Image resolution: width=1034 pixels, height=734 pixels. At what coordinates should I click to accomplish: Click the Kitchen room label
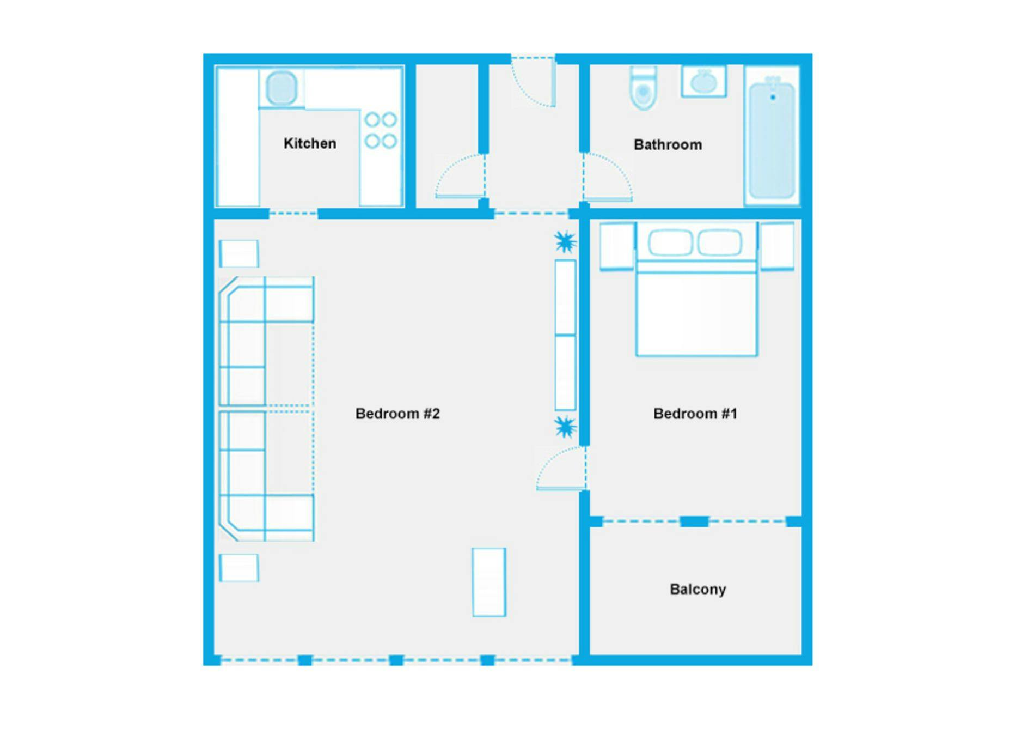pyautogui.click(x=310, y=143)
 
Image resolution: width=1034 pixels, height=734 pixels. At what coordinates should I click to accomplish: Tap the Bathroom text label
pyautogui.click(x=668, y=145)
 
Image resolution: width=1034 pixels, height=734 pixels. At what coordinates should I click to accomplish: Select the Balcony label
pyautogui.click(x=698, y=589)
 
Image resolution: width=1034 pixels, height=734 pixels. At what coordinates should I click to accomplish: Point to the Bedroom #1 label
pyautogui.click(x=695, y=414)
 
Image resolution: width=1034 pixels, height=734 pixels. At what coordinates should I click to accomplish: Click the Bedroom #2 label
pyautogui.click(x=397, y=414)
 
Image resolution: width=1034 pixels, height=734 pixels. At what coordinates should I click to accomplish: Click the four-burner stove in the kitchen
pyautogui.click(x=381, y=130)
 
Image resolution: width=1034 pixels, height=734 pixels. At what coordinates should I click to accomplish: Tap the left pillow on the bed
pyautogui.click(x=670, y=242)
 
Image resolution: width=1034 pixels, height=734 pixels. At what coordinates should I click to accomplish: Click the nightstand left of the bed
pyautogui.click(x=617, y=246)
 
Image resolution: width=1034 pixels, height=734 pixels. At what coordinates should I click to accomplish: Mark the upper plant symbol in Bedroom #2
pyautogui.click(x=565, y=241)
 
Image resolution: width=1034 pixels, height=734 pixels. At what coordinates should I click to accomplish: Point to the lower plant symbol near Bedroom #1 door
pyautogui.click(x=565, y=427)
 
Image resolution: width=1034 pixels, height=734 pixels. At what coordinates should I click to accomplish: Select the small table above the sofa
pyautogui.click(x=238, y=253)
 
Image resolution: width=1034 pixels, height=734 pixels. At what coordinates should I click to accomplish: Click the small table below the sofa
pyautogui.click(x=238, y=567)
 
